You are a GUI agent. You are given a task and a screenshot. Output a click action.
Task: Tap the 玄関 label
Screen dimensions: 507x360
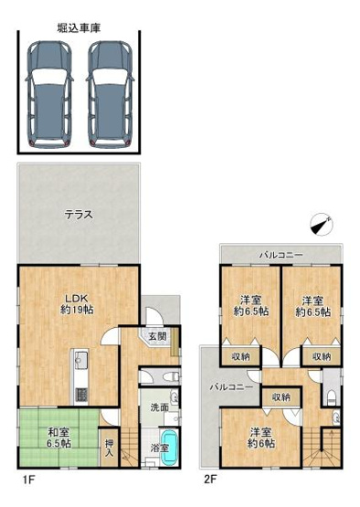[158, 336]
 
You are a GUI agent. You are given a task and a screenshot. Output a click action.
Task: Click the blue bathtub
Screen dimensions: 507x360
[176, 452]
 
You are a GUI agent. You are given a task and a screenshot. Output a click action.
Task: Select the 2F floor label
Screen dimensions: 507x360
[211, 478]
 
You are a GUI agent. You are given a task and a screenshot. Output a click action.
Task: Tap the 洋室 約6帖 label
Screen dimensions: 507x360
[260, 438]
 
